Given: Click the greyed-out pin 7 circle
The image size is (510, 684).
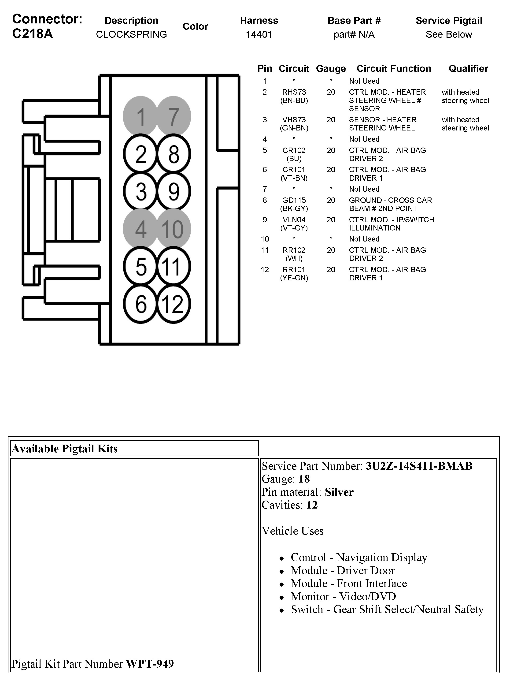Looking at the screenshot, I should pos(174,116).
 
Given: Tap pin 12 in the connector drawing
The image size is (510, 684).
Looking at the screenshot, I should pos(173,304).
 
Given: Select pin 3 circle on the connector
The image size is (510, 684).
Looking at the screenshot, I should pos(141,191).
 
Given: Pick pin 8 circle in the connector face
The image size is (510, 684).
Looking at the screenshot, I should pos(174,154).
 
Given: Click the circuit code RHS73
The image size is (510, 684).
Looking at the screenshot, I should pos(294,92).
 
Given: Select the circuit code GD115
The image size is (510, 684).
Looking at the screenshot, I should pos(294,200).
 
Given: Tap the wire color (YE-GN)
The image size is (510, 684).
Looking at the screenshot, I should pos(294,278).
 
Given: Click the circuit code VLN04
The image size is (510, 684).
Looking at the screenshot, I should pos(294,219).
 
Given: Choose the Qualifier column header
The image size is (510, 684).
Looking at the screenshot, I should pos(468,69).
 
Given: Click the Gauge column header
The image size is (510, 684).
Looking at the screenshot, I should pos(331,69).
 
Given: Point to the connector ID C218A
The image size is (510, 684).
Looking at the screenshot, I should pos(32,34).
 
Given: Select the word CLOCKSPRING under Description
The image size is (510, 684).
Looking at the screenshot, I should pos(131,34).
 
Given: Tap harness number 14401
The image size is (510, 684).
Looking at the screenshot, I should pos(259,34).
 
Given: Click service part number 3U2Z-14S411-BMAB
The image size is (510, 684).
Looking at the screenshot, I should pos(419,466).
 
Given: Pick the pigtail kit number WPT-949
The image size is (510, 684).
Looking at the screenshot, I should pos(150,664).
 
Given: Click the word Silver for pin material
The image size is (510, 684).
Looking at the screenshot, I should pos(339,492).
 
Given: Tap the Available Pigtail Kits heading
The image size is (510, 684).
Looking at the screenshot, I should pos(65,449).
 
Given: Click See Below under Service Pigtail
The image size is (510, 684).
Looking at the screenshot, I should pos(449,34).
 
